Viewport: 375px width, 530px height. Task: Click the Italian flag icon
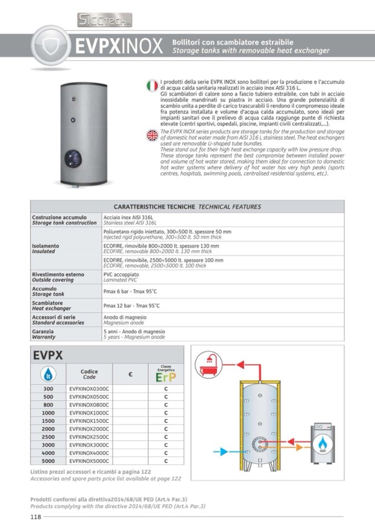[x=152, y=86]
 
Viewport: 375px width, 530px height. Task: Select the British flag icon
[x=152, y=135]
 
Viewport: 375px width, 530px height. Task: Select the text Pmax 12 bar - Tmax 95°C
[x=131, y=306]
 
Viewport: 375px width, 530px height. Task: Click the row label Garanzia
[x=43, y=331]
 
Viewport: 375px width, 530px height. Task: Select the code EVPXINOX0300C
[x=90, y=389]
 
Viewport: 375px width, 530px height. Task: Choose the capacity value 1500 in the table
[x=48, y=421]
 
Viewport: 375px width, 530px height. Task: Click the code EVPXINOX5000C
[x=90, y=460]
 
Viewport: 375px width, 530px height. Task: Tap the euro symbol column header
[x=130, y=374]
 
